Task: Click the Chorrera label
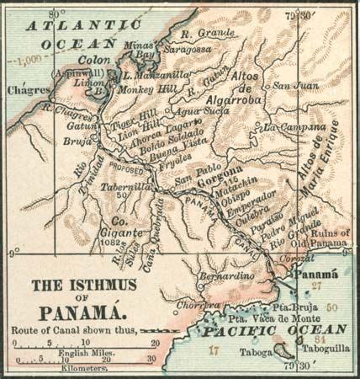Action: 204,304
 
